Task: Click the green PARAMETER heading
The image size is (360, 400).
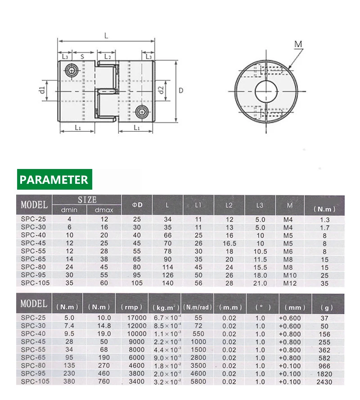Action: coord(54,180)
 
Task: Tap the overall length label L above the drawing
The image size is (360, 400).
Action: coord(106,36)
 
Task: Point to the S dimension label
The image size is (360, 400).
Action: coord(82,57)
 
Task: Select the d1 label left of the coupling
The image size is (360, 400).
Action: coord(42,90)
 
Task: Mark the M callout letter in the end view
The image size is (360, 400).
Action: coord(298,44)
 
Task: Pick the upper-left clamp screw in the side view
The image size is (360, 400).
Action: coord(71,70)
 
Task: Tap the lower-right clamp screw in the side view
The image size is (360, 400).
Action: coord(142,111)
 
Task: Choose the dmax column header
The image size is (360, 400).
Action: coord(104,210)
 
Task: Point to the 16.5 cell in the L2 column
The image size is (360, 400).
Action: coord(229,243)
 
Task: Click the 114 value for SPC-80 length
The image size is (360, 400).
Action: coord(167,267)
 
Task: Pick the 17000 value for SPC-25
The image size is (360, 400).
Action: coord(137,318)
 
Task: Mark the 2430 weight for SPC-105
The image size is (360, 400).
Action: coord(324,382)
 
